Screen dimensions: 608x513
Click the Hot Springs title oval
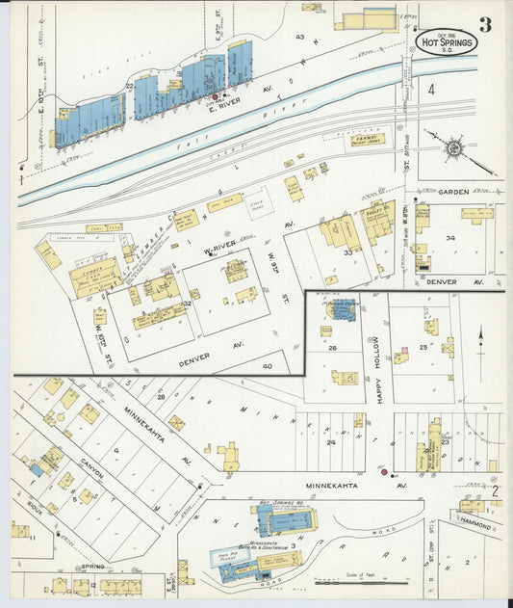[x=447, y=41]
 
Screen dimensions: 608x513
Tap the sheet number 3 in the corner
[x=486, y=24]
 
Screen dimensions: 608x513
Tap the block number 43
[x=300, y=38]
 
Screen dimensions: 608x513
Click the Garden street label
[x=453, y=192]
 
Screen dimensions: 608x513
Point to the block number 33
[x=348, y=252]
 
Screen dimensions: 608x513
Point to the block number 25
[x=423, y=346]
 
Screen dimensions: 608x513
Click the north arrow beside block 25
[x=480, y=340]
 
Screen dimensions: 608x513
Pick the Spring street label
[x=92, y=567]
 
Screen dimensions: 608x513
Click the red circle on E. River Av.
[x=215, y=96]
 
